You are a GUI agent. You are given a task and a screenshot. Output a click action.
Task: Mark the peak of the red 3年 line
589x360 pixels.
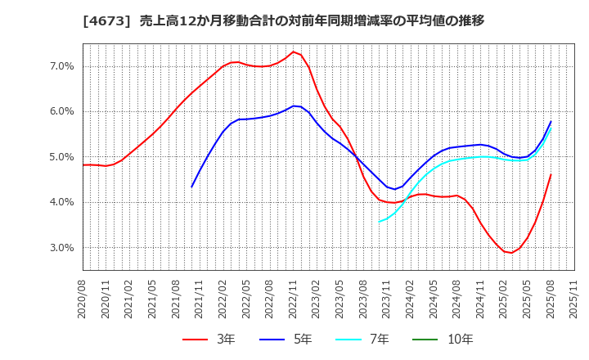pyautogui.click(x=293, y=52)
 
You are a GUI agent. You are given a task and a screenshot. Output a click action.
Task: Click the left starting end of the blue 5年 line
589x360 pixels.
pyautogui.click(x=192, y=187)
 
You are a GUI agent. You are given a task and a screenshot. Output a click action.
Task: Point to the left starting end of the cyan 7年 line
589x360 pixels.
pyautogui.click(x=379, y=222)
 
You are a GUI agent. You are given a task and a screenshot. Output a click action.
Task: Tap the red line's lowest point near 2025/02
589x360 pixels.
pyautogui.click(x=511, y=253)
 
